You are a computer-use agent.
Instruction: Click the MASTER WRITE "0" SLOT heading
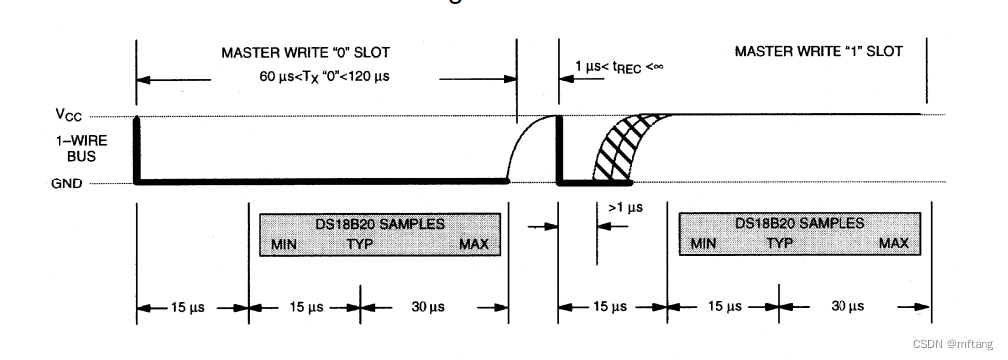click(305, 52)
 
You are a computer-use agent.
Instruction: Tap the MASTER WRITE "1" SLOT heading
click(819, 51)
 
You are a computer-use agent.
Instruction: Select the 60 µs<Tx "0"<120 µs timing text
click(325, 77)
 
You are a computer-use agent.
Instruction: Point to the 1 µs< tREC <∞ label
click(619, 66)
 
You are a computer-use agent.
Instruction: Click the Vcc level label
click(68, 115)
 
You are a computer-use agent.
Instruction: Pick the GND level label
click(67, 183)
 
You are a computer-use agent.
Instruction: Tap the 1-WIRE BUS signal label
click(82, 148)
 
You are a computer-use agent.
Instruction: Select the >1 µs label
click(625, 207)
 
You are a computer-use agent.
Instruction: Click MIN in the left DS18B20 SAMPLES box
click(284, 245)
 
